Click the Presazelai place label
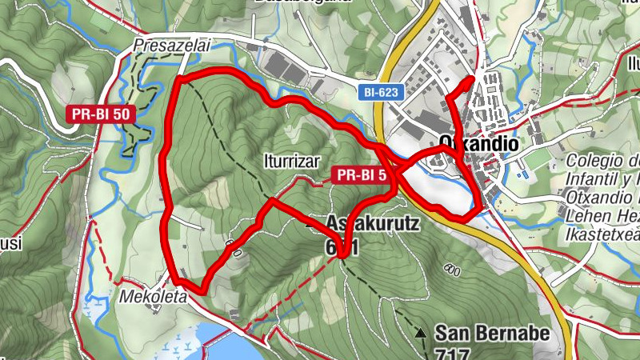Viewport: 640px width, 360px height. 171,46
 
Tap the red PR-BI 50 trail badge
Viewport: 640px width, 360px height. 100,114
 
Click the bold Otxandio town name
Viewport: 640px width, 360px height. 478,143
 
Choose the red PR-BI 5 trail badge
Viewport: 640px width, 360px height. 364,174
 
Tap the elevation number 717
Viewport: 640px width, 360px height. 453,353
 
